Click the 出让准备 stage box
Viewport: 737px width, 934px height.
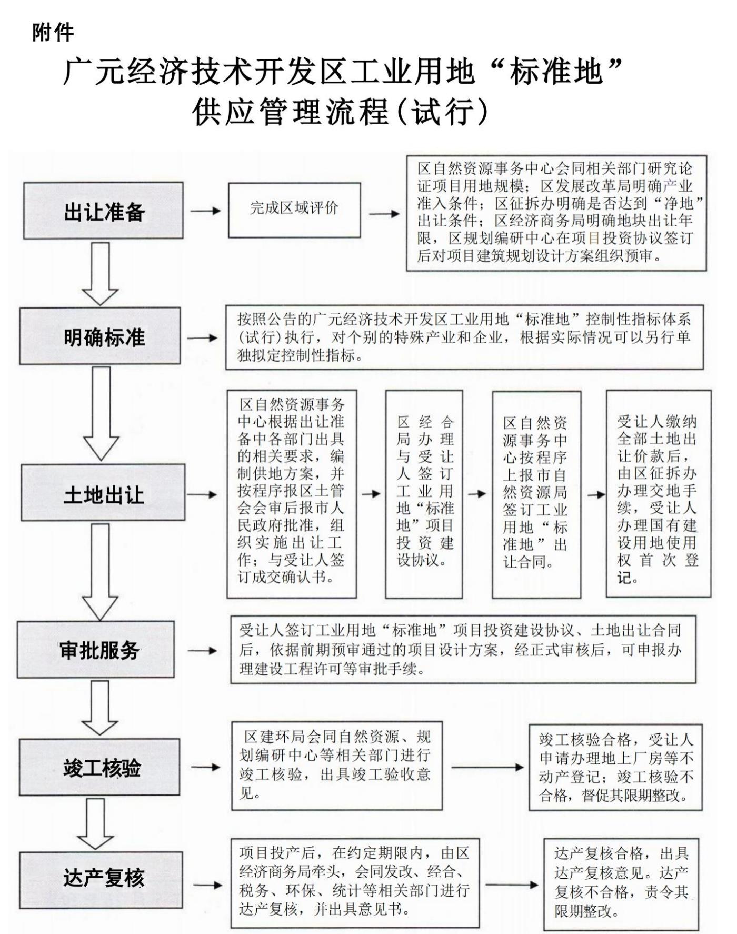point(103,211)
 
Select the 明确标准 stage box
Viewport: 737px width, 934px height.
point(100,336)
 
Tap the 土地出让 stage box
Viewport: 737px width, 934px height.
point(103,493)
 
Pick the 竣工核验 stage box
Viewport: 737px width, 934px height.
point(99,767)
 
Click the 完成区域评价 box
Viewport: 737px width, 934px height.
point(294,210)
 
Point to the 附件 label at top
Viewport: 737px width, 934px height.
point(53,33)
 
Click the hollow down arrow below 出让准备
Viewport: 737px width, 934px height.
point(100,273)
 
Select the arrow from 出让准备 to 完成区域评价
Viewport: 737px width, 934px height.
point(205,211)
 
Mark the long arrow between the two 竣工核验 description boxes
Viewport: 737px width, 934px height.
point(487,767)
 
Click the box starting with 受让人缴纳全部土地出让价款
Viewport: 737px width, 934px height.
point(658,494)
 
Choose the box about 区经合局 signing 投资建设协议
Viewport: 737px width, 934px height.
point(424,494)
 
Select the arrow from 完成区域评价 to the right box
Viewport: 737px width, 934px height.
point(384,214)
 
